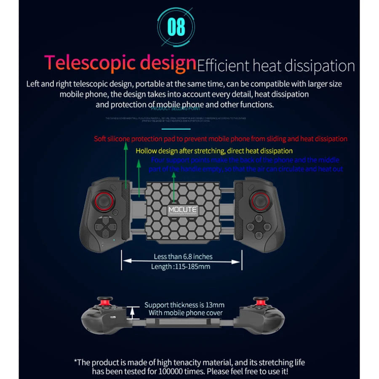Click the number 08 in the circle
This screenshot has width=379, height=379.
[x=176, y=27]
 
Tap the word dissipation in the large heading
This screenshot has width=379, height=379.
[x=320, y=66]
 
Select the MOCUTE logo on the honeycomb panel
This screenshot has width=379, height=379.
[x=182, y=211]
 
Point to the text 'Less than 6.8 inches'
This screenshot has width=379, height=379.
[x=183, y=256]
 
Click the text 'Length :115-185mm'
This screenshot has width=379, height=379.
[x=181, y=266]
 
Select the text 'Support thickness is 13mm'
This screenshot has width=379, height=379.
[x=184, y=305]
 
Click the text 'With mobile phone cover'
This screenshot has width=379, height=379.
[x=186, y=313]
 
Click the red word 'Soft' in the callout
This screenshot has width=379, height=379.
[x=100, y=139]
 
